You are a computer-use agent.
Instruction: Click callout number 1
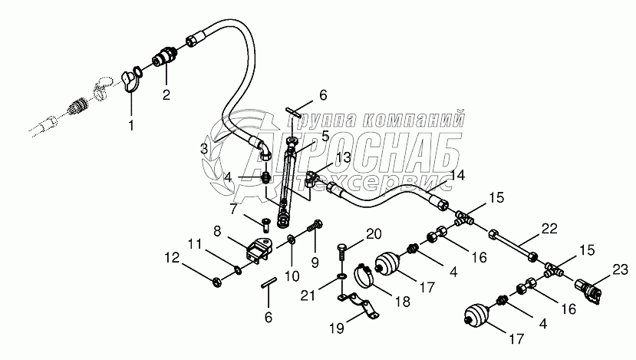[130, 123]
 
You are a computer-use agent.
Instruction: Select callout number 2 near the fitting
[165, 95]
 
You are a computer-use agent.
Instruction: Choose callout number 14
[457, 175]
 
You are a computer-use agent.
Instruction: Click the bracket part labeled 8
[257, 248]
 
